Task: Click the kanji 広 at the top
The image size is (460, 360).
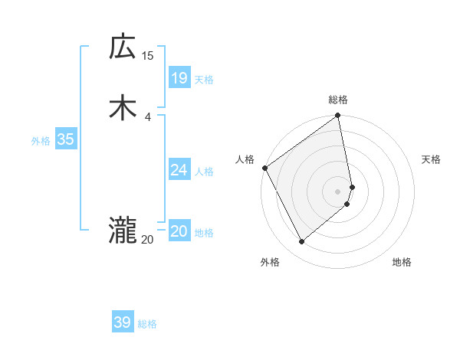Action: coord(123,47)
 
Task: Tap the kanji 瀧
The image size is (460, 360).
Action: coord(123,231)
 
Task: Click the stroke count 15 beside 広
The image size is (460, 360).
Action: coord(147,56)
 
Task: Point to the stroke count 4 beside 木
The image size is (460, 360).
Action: coord(147,116)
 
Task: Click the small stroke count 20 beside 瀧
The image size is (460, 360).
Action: coord(147,240)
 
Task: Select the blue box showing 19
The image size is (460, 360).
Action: coord(179,77)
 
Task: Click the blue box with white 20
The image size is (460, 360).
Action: coord(179,231)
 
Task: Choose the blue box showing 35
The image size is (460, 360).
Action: coord(65,139)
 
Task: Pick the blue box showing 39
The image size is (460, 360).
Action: coord(122,322)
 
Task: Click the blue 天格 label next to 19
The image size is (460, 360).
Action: coord(204,80)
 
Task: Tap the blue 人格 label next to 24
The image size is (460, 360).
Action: coord(204,172)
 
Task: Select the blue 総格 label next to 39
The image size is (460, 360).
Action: coord(147,325)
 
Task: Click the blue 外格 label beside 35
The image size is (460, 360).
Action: coord(41,141)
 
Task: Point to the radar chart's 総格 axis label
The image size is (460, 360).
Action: coord(338,100)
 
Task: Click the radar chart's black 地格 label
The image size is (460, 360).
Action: coord(402,263)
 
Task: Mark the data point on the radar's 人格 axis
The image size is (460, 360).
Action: coord(264,168)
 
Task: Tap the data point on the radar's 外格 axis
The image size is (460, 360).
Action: coord(301,242)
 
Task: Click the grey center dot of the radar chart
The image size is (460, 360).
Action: coord(338,191)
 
